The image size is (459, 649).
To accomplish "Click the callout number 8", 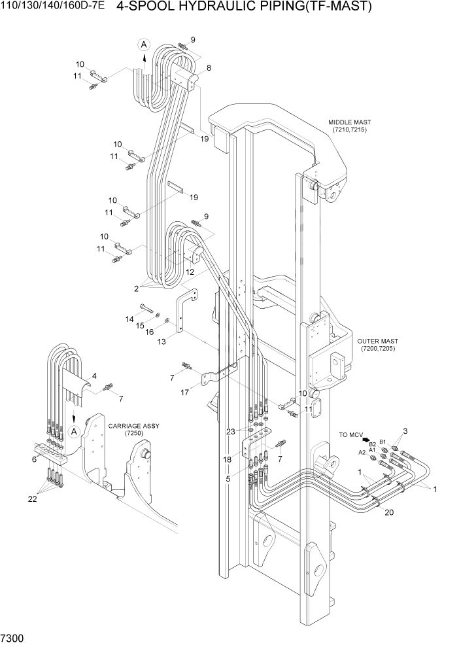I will coord(209,68).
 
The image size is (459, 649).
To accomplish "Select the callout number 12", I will coord(190,272).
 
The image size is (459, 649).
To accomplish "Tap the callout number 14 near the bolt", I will coord(129,319).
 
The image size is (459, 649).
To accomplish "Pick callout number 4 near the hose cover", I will coord(94,376).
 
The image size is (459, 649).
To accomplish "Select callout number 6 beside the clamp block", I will coord(34,459).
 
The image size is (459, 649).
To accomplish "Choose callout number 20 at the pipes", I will coord(389,512).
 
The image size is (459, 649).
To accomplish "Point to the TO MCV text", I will coord(350,434).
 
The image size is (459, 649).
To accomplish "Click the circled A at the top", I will coord(144,44).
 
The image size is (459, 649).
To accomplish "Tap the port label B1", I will coord(383,442).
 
